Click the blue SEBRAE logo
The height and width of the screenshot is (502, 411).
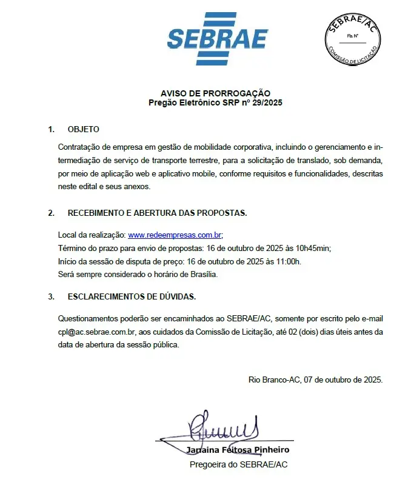tap(217, 38)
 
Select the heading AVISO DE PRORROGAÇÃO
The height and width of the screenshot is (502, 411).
tap(215, 93)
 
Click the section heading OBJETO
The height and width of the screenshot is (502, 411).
tap(84, 129)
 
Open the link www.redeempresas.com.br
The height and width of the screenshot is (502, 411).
tap(175, 235)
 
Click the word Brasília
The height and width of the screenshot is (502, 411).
tap(201, 274)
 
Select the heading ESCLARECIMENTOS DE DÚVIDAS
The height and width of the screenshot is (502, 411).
tap(132, 296)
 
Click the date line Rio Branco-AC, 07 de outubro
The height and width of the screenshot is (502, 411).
tap(315, 380)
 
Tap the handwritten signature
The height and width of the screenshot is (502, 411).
tap(224, 428)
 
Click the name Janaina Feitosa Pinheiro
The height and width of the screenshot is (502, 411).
tap(238, 450)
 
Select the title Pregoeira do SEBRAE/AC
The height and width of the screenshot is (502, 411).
tap(238, 464)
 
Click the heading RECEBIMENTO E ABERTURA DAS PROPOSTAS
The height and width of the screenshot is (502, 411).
tap(157, 213)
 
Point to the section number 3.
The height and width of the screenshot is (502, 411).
tap(51, 296)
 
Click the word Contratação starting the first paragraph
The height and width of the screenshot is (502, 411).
tap(79, 147)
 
